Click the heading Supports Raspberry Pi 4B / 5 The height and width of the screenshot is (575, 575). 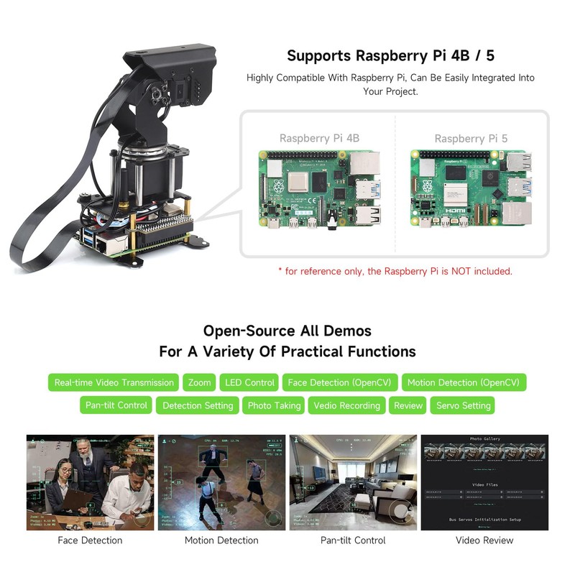tap(390, 55)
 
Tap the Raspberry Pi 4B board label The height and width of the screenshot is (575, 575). tap(319, 138)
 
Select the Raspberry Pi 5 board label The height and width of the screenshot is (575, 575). tap(470, 138)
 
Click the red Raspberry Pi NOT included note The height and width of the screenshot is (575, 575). tap(395, 271)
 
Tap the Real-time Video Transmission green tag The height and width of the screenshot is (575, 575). tap(114, 382)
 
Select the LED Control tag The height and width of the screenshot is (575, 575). tap(249, 382)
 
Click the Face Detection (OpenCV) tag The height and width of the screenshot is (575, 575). tap(341, 382)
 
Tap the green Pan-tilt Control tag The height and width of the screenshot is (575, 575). tap(116, 405)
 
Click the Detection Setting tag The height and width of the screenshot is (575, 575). tap(198, 405)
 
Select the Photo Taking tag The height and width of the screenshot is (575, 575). tap(274, 405)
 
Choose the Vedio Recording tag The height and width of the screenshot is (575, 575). tap(347, 405)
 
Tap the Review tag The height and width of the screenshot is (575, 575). tap(408, 405)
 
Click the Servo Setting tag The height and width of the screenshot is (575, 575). tap(463, 405)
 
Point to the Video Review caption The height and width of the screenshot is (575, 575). tap(484, 540)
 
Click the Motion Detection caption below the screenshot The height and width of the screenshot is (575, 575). tap(221, 540)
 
